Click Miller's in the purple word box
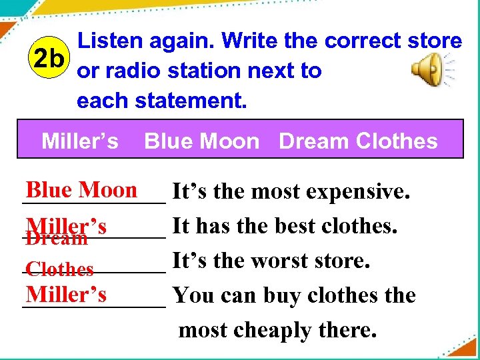click(80, 141)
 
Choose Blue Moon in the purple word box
click(201, 141)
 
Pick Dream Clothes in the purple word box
click(358, 141)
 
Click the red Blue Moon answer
click(81, 190)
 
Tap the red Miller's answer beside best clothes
click(66, 225)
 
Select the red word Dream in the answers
click(57, 239)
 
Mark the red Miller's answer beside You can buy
click(66, 293)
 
